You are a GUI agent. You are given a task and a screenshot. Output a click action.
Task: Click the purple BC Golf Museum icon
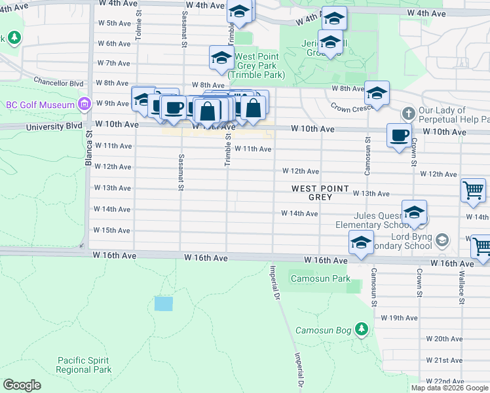(84, 104)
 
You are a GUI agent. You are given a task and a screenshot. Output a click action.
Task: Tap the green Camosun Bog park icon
(361, 329)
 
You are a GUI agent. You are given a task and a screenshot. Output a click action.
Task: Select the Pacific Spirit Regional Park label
(83, 365)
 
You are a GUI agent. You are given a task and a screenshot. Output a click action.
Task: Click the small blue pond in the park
(164, 304)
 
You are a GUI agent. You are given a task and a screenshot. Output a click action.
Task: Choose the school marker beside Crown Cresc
(377, 94)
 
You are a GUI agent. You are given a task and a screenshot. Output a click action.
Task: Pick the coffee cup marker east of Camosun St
(400, 136)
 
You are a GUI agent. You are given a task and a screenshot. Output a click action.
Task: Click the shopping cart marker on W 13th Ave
(473, 191)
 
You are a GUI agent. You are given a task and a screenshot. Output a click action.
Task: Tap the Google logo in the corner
(22, 385)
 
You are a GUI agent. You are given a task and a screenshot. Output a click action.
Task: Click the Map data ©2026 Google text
(449, 388)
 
